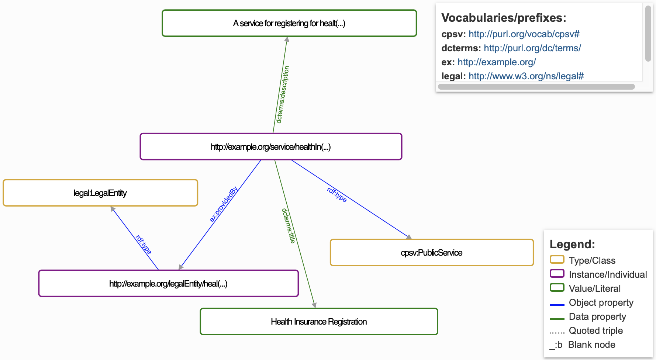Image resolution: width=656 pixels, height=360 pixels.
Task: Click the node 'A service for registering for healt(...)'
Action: click(289, 23)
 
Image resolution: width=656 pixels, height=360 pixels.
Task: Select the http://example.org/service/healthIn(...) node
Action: click(271, 147)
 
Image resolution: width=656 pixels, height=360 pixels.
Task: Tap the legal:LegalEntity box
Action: click(100, 193)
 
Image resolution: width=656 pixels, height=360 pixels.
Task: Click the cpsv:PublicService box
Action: click(432, 253)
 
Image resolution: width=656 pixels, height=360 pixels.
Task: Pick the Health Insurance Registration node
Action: click(319, 322)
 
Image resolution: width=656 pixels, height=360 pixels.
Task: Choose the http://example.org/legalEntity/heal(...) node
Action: click(168, 284)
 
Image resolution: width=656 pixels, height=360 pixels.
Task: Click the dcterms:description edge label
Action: click(283, 94)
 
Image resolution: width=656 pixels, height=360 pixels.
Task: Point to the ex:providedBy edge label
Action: click(224, 204)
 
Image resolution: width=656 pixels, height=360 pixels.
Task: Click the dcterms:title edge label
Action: click(289, 226)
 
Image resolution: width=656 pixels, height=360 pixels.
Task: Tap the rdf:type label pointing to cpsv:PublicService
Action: click(337, 194)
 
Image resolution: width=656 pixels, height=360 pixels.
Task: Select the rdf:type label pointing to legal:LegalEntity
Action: click(143, 245)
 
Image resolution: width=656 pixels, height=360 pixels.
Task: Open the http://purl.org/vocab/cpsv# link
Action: click(524, 34)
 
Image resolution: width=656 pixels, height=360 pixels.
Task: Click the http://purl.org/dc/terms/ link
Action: click(532, 48)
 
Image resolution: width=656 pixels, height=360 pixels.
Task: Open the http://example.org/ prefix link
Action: click(497, 62)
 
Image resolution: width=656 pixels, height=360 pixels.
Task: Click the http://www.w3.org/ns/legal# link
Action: click(526, 76)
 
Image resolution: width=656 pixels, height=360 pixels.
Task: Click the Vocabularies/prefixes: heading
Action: click(504, 18)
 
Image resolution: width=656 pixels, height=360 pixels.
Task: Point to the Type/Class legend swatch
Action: click(557, 260)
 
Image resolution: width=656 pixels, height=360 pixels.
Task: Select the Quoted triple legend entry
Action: click(595, 330)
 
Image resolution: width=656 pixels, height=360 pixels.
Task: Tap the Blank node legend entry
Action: click(591, 345)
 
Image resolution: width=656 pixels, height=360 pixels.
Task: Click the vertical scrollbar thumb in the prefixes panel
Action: click(648, 33)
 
